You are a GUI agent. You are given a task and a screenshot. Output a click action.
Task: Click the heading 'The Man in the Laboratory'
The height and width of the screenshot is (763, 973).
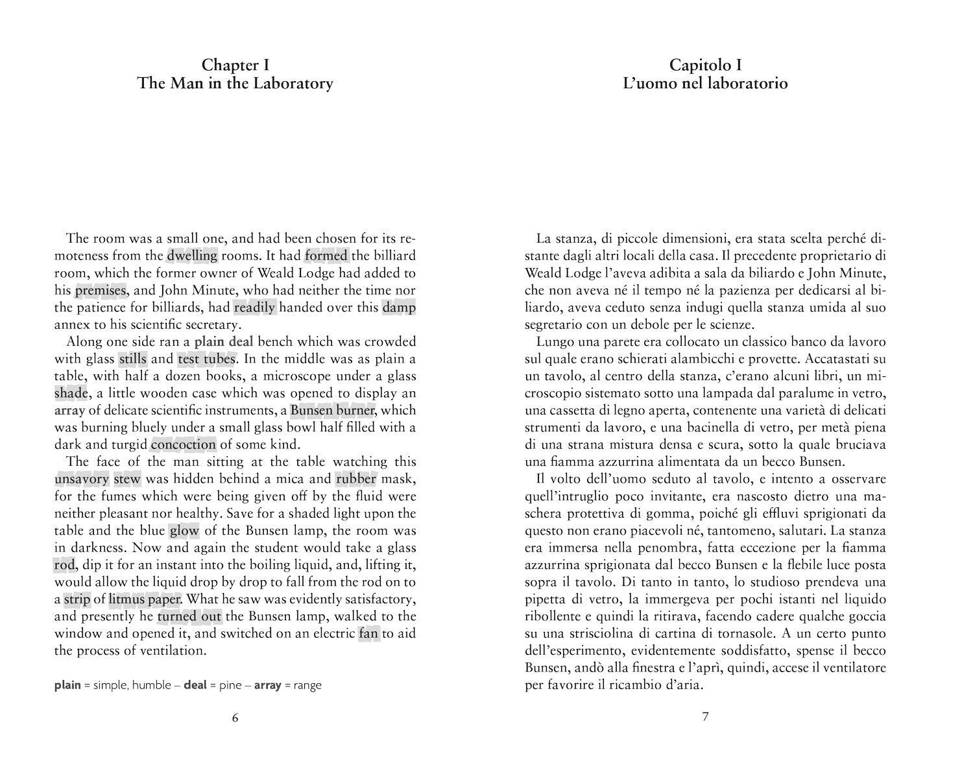click(x=235, y=84)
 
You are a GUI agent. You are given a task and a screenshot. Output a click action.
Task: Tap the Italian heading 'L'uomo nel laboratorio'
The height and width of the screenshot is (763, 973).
click(x=705, y=84)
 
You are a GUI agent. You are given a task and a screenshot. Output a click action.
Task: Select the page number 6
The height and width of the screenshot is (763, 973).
click(x=235, y=717)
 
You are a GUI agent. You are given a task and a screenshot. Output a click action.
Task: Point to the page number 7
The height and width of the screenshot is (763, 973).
click(x=706, y=717)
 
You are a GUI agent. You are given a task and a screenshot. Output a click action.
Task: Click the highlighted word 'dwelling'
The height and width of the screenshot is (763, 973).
click(x=192, y=256)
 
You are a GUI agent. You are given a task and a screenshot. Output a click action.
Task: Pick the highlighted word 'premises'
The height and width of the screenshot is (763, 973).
click(x=101, y=291)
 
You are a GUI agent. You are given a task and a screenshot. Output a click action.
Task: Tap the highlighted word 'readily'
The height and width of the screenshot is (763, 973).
click(x=255, y=308)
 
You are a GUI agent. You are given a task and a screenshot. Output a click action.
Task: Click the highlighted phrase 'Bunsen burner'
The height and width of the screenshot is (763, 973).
click(x=333, y=411)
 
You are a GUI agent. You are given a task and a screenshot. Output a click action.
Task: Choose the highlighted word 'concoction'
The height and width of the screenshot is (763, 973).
click(x=183, y=445)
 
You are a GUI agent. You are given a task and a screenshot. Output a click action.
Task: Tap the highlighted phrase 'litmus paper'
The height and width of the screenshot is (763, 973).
click(x=145, y=599)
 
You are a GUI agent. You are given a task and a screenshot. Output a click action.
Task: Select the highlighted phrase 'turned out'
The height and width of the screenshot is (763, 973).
click(x=189, y=616)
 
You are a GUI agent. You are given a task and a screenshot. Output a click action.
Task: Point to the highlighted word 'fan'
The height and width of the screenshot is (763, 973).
click(x=368, y=633)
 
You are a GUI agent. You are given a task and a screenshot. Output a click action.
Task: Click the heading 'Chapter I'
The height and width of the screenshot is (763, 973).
click(x=235, y=65)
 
